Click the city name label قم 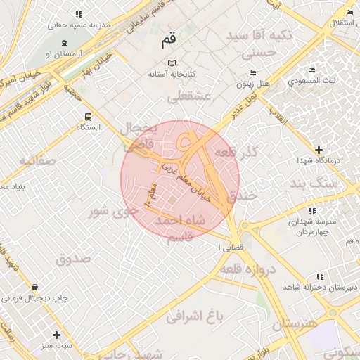pos(167,41)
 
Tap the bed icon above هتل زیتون pos(252,73)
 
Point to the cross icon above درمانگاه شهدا pos(319,150)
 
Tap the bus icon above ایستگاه pos(88,117)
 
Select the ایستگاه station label pos(89,128)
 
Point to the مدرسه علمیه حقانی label pos(80,25)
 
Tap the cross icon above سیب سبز pos(56,335)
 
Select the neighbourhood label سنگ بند pos(314,184)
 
